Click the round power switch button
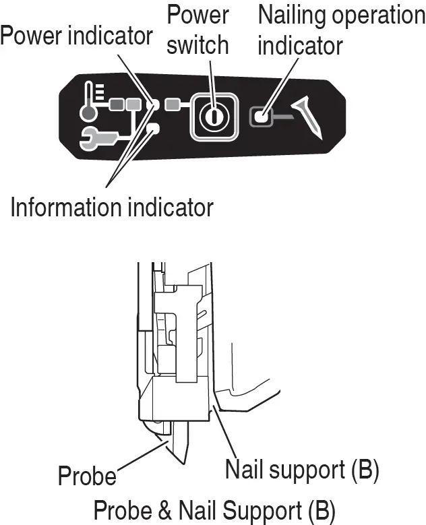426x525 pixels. pos(212,117)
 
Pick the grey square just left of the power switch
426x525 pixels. pos(173,104)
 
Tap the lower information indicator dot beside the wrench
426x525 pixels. pos(153,128)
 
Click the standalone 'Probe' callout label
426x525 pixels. pos(87,476)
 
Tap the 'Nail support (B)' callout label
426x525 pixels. pos(301,468)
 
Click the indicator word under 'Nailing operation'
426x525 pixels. pos(300,46)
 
